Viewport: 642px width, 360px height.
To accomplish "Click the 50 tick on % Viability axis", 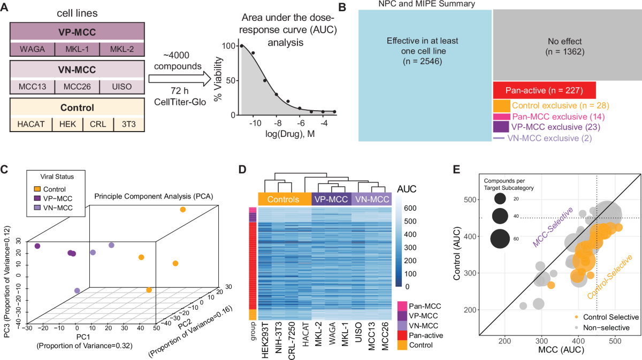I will point(230,80).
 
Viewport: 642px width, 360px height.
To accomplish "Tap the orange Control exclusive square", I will point(501,105).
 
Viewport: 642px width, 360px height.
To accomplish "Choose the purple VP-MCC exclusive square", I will point(501,127).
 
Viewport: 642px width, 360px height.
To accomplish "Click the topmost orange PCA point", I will point(183,210).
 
